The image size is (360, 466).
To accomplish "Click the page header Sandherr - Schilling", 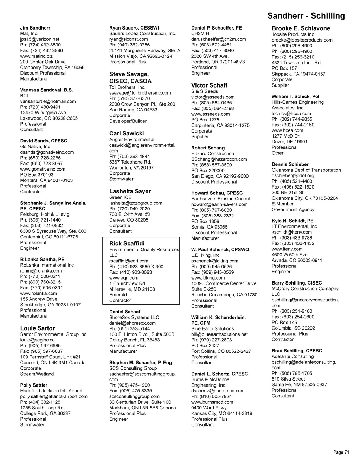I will pyautogui.click(x=306, y=16).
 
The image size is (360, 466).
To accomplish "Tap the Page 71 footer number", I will pyautogui.click(x=341, y=452).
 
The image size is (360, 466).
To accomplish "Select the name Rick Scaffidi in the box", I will pyautogui.click(x=127, y=243).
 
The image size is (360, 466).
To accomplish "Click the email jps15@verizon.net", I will pyautogui.click(x=40, y=39).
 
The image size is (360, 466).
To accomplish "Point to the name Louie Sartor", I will pyautogui.click(x=38, y=328).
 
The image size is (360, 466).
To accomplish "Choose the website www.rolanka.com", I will pyautogui.click(x=38, y=293).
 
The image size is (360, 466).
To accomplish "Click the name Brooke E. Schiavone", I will pyautogui.click(x=301, y=28).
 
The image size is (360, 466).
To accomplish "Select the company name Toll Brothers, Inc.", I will pyautogui.click(x=127, y=87).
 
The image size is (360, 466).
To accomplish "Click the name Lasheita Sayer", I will pyautogui.click(x=130, y=191).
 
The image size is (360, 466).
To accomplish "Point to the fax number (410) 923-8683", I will pyautogui.click(x=131, y=272).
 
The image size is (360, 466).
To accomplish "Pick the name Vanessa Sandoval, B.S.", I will pyautogui.click(x=46, y=90).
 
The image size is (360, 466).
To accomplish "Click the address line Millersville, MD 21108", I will pyautogui.click(x=132, y=289).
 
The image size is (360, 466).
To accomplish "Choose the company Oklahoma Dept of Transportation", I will pyautogui.click(x=306, y=170).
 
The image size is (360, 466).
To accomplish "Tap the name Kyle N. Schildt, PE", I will pyautogui.click(x=292, y=221).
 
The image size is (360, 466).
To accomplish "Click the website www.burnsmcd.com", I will pyautogui.click(x=212, y=402).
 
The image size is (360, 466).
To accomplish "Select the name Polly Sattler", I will pyautogui.click(x=34, y=385).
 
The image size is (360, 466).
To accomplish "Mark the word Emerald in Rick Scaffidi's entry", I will pyautogui.click(x=118, y=295).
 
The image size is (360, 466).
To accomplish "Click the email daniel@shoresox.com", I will pyautogui.click(x=133, y=323).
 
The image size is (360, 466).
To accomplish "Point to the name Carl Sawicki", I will pyautogui.click(x=127, y=133).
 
